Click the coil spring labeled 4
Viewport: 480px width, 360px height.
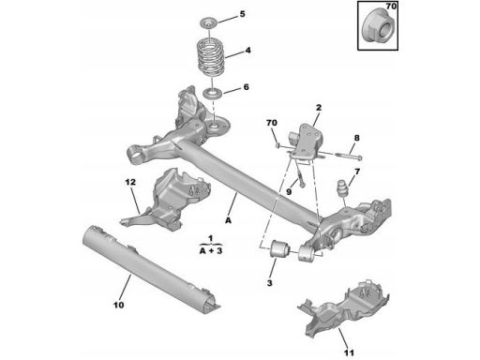coord(210,58)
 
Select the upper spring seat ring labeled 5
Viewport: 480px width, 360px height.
coord(208,23)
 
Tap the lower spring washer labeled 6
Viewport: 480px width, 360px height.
coord(212,94)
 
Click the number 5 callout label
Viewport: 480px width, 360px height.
coord(242,14)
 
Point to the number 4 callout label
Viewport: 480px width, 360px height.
coord(247,51)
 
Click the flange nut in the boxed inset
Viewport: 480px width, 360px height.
coord(378,28)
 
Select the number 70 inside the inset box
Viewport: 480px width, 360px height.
coord(391,7)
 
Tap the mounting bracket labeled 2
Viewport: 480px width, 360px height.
coord(306,142)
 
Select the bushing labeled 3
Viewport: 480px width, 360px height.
coord(279,248)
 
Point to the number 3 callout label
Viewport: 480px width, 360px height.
coord(269,283)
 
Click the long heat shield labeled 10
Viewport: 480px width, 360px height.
coord(151,269)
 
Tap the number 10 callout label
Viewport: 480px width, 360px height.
coord(118,305)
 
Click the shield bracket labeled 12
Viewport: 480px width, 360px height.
coord(166,200)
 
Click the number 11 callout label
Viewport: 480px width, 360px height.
coord(349,352)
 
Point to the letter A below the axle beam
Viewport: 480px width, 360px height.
coord(229,220)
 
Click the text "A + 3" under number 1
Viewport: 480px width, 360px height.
coord(211,250)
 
